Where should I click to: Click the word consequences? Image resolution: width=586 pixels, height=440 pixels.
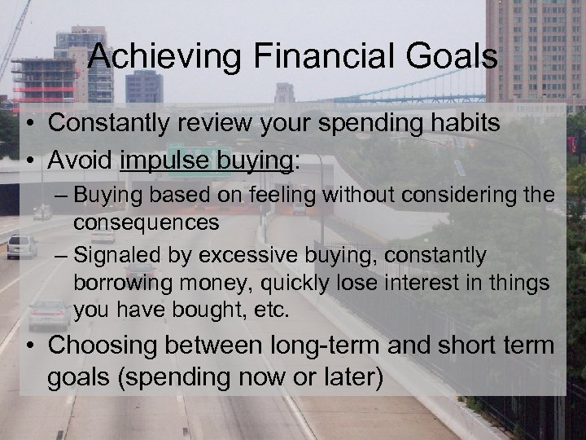click(x=146, y=222)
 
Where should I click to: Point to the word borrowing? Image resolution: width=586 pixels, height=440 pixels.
click(x=114, y=283)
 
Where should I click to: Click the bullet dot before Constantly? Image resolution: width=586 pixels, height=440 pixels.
click(x=29, y=125)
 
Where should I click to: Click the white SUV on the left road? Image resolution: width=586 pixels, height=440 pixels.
click(x=22, y=246)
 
